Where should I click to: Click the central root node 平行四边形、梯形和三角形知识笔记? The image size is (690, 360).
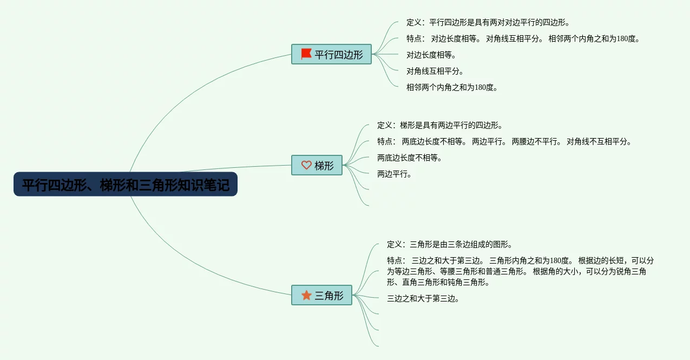126,185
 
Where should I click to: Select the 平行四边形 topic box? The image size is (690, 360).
331,54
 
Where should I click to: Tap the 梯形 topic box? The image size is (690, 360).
317,166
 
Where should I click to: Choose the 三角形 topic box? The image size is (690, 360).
321,295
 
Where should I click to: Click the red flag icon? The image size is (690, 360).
306,54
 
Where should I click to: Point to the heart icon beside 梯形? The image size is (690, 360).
306,166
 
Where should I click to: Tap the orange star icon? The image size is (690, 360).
306,295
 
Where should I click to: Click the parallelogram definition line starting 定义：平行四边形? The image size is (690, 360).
488,23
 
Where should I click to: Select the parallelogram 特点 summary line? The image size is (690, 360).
523,39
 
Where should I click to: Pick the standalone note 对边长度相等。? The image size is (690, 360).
431,55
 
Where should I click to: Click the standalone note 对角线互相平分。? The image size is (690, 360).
435,71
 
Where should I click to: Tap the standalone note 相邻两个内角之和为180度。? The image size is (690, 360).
452,88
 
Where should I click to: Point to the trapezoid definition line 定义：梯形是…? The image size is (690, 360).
440,126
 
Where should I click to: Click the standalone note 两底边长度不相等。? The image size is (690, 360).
410,158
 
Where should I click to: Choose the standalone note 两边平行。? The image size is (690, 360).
395,174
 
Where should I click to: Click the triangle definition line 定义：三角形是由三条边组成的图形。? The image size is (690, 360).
449,245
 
